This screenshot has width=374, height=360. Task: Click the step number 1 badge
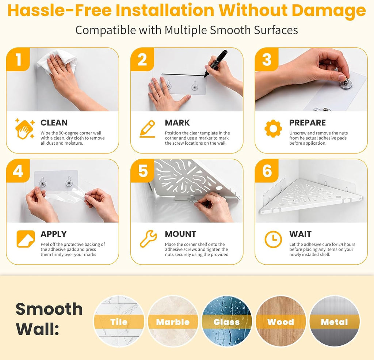tap(18, 59)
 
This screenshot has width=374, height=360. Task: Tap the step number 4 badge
tap(18, 171)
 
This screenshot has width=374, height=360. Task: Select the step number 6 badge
tap(267, 171)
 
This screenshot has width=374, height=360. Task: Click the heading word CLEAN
tap(54, 123)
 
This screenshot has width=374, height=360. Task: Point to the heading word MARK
tap(177, 123)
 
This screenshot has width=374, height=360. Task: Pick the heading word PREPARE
tap(308, 123)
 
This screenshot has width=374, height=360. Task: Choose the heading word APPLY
tap(54, 234)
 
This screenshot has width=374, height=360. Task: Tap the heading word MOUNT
tap(180, 234)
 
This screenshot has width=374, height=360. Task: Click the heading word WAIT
tap(300, 234)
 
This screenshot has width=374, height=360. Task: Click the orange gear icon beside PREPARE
tap(273, 128)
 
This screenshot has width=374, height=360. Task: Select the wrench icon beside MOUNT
tap(148, 239)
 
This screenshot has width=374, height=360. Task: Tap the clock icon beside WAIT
tap(273, 239)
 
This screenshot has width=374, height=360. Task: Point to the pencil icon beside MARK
tap(148, 129)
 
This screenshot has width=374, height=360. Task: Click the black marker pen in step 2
tap(215, 63)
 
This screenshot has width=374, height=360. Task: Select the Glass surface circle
tap(226, 321)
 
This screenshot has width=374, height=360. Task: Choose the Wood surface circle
tap(281, 321)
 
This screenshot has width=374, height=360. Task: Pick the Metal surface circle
tap(335, 321)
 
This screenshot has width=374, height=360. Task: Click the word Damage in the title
tap(329, 11)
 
